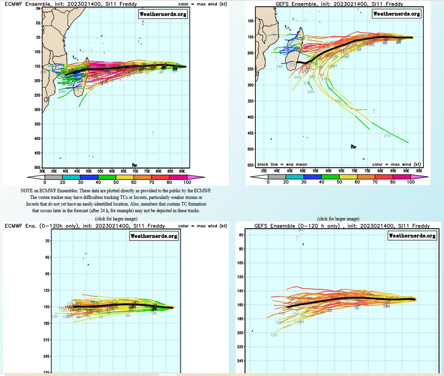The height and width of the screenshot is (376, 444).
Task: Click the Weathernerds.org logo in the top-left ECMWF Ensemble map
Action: (x=163, y=14)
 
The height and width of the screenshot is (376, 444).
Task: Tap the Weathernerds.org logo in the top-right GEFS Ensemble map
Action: (x=396, y=14)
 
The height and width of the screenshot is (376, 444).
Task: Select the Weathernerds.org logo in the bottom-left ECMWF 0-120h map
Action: (x=153, y=236)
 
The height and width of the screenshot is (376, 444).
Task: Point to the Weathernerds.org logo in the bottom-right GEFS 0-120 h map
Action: (x=412, y=236)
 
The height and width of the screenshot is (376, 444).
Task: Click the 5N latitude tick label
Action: (x=38, y=9)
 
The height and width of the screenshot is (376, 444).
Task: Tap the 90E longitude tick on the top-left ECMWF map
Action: (x=182, y=171)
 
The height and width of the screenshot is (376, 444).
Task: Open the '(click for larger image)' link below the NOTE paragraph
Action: (x=116, y=219)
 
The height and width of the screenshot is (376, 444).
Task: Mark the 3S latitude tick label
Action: (x=48, y=241)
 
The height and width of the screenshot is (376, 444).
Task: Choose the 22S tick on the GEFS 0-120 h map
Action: (x=241, y=347)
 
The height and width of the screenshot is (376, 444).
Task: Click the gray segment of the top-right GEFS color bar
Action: (x=277, y=176)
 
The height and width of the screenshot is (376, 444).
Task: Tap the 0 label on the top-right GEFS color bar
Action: (x=268, y=182)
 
